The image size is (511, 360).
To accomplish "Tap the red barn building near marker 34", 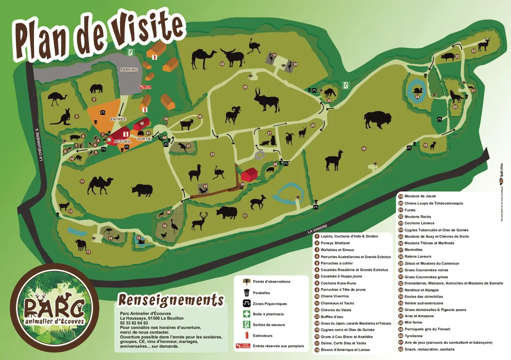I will coord(249,174).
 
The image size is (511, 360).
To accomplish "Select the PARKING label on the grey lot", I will coord(129,69).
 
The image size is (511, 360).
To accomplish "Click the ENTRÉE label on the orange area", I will coord(118,120).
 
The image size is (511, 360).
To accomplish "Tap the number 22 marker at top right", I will coord(473,51).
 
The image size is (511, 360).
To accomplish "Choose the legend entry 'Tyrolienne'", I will coord(413,336).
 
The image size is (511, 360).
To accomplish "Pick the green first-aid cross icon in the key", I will coord(246,314).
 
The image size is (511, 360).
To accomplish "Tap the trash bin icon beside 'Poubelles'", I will coord(246,293).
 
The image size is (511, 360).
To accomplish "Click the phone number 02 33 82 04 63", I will coord(134,323).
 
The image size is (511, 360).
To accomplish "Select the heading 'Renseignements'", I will coord(170,300).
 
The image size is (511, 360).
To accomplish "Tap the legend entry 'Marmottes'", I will coord(413,250).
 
